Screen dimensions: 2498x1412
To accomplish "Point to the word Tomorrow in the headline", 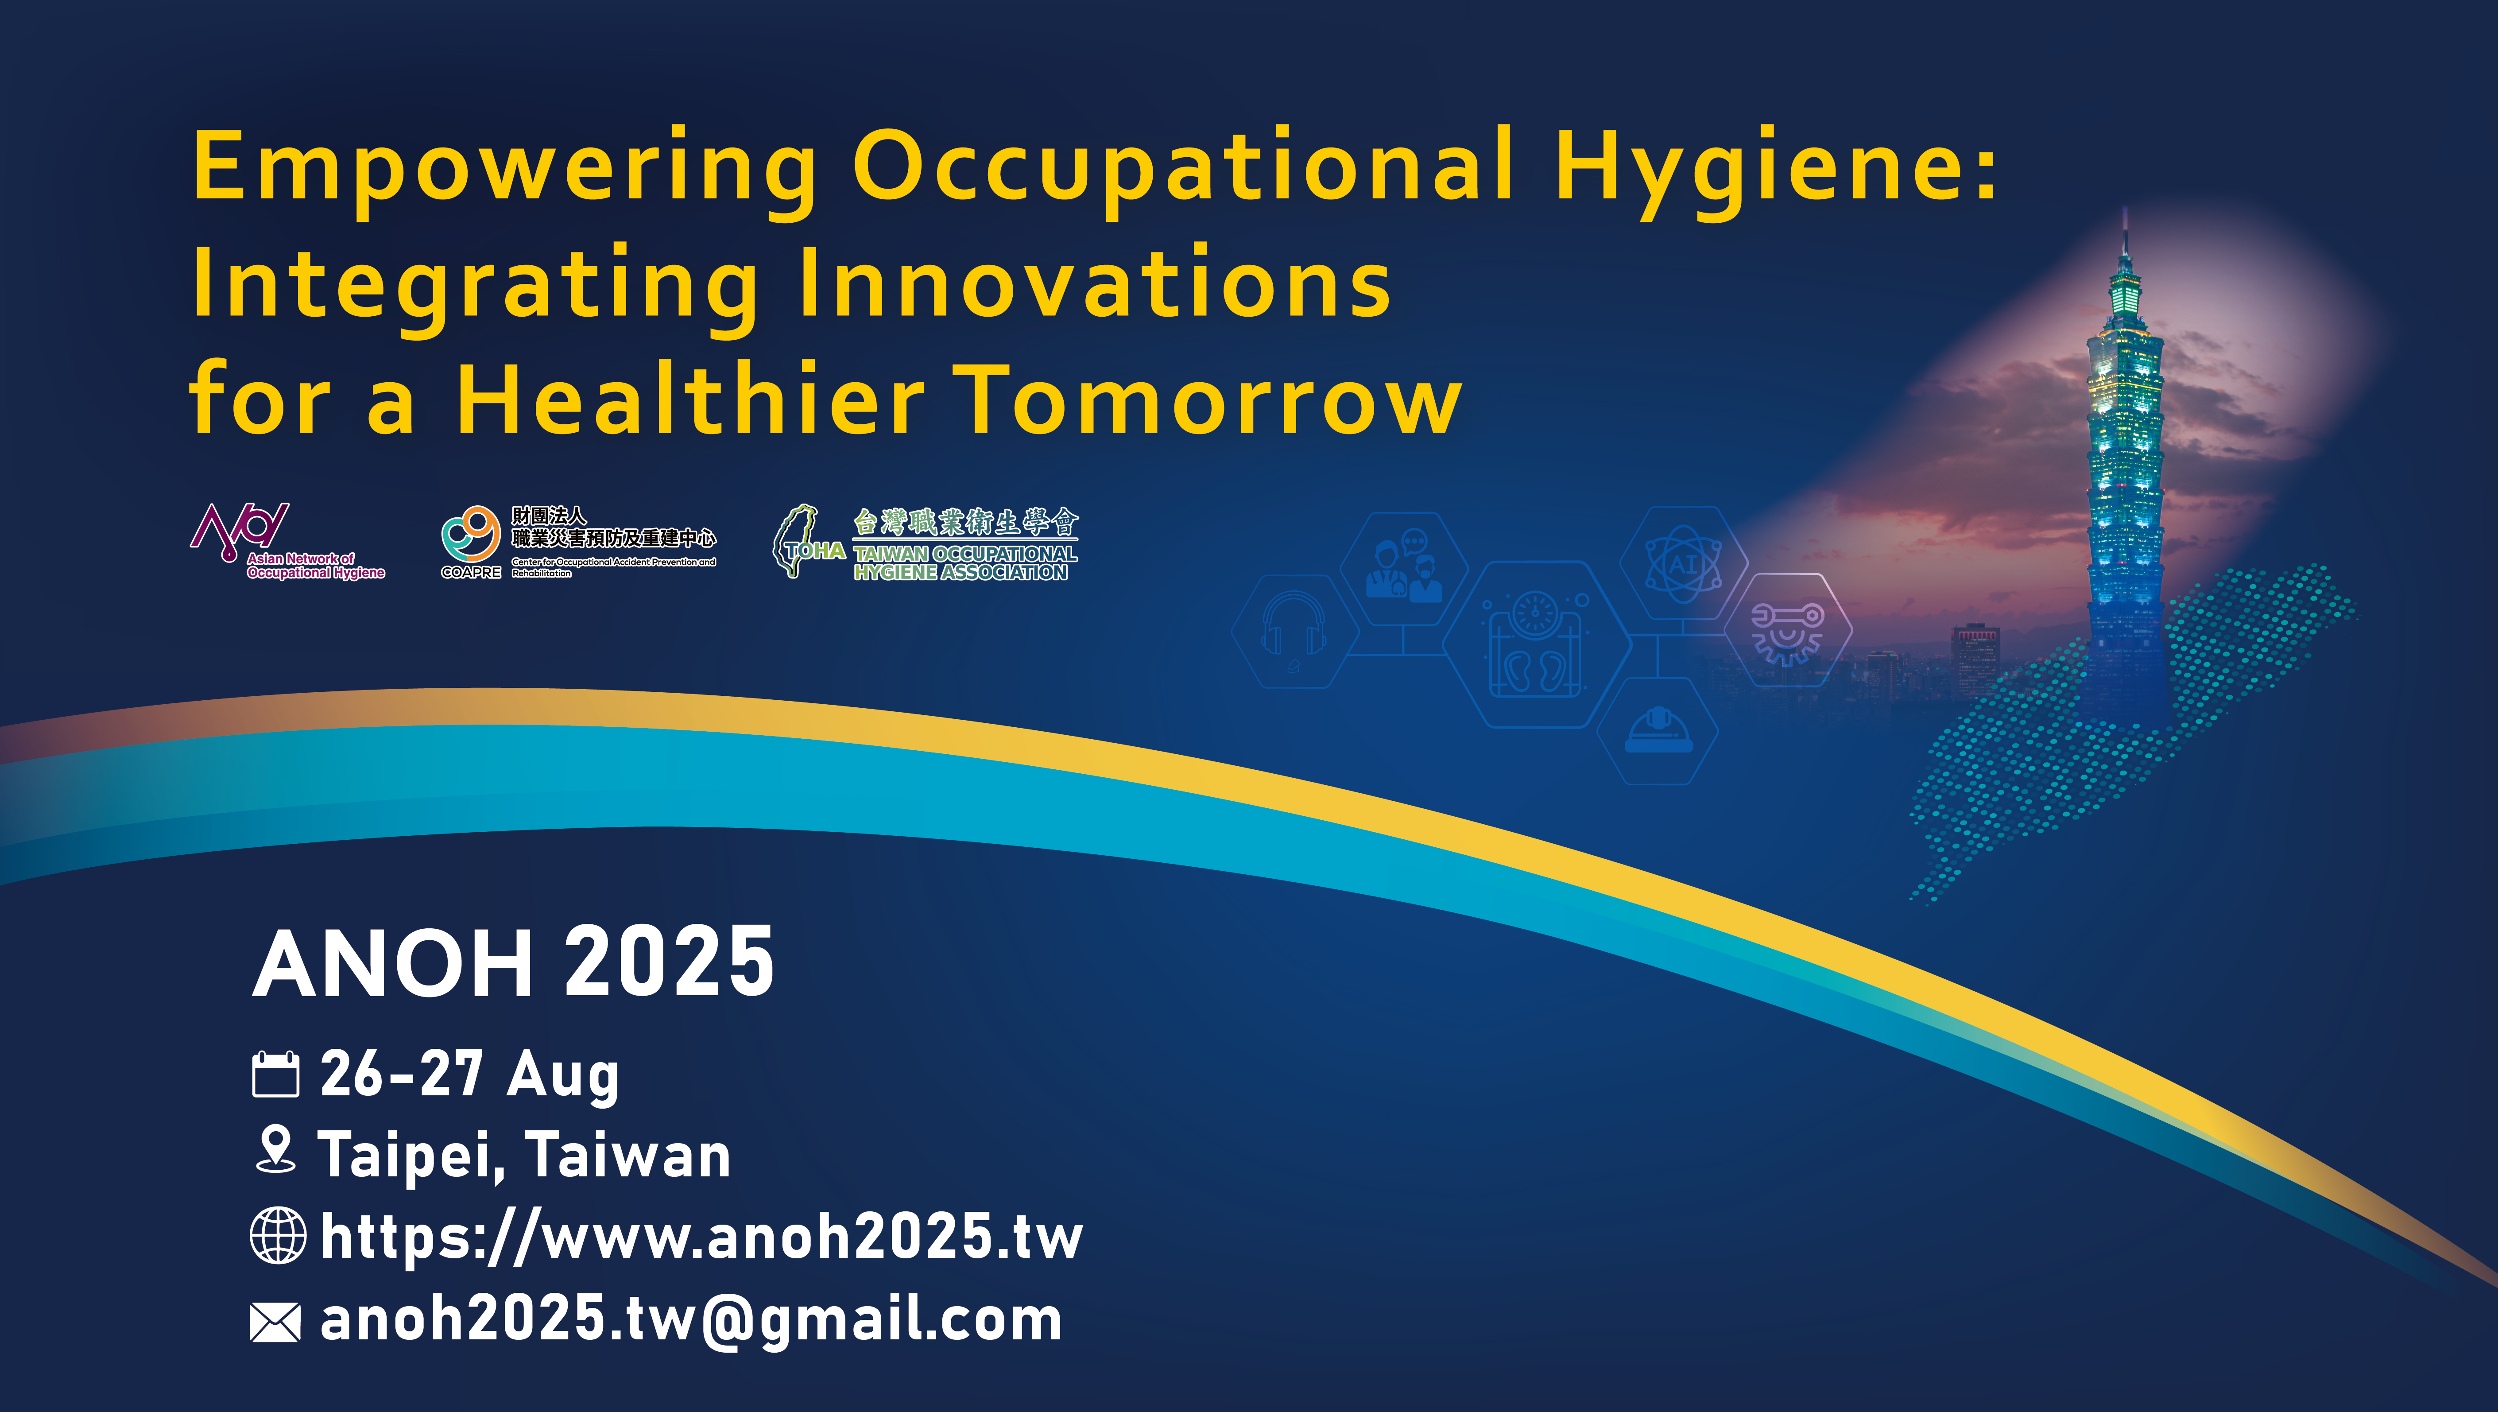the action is point(1212,398).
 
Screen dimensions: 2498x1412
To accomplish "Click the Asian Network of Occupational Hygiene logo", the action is point(288,541).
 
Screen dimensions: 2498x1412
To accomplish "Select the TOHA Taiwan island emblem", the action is point(797,540).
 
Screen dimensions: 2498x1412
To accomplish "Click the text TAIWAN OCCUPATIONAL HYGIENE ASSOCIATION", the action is point(965,562).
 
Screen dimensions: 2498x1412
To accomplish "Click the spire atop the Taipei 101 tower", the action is point(2125,233).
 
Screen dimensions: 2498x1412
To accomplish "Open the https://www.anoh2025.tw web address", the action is point(701,1237).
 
